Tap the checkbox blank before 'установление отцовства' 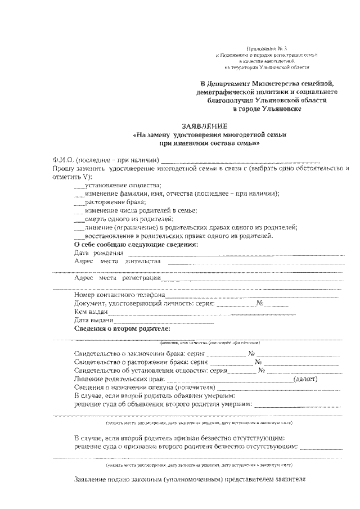pos(79,187)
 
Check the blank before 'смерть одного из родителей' pos(79,219)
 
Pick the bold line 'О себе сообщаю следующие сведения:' pos(136,245)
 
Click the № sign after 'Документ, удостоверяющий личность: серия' pos(260,304)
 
